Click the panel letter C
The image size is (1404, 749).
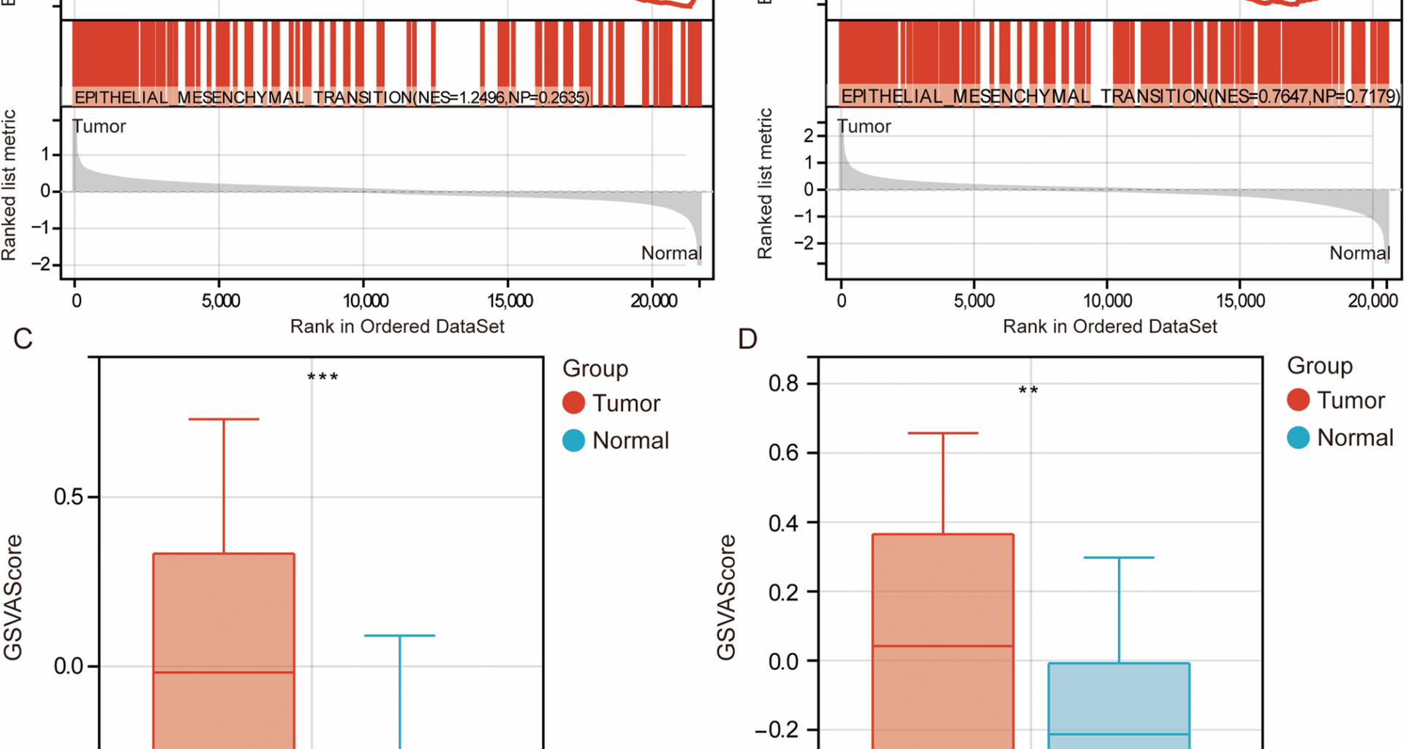pos(23,339)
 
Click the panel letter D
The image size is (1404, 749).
pos(747,339)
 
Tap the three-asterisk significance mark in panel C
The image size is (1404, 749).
pos(322,377)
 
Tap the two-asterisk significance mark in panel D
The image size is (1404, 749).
pos(1028,391)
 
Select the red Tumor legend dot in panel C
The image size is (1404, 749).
pos(574,403)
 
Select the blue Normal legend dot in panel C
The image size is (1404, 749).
pos(574,440)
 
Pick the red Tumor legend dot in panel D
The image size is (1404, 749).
pos(1298,400)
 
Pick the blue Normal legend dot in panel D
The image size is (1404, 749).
pos(1298,437)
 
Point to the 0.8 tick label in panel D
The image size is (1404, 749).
pos(783,383)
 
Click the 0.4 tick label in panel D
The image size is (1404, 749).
pos(783,523)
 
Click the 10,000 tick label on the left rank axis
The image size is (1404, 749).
pos(366,301)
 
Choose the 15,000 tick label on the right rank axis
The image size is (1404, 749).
pos(1240,301)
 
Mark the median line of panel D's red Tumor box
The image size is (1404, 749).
pos(943,646)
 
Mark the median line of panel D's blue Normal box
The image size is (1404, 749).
pos(1119,734)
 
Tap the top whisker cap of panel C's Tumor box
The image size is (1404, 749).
pos(224,419)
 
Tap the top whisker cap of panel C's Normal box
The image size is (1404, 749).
pos(400,636)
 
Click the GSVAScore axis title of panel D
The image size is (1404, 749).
pos(726,597)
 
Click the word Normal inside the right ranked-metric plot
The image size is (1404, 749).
pos(1359,253)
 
